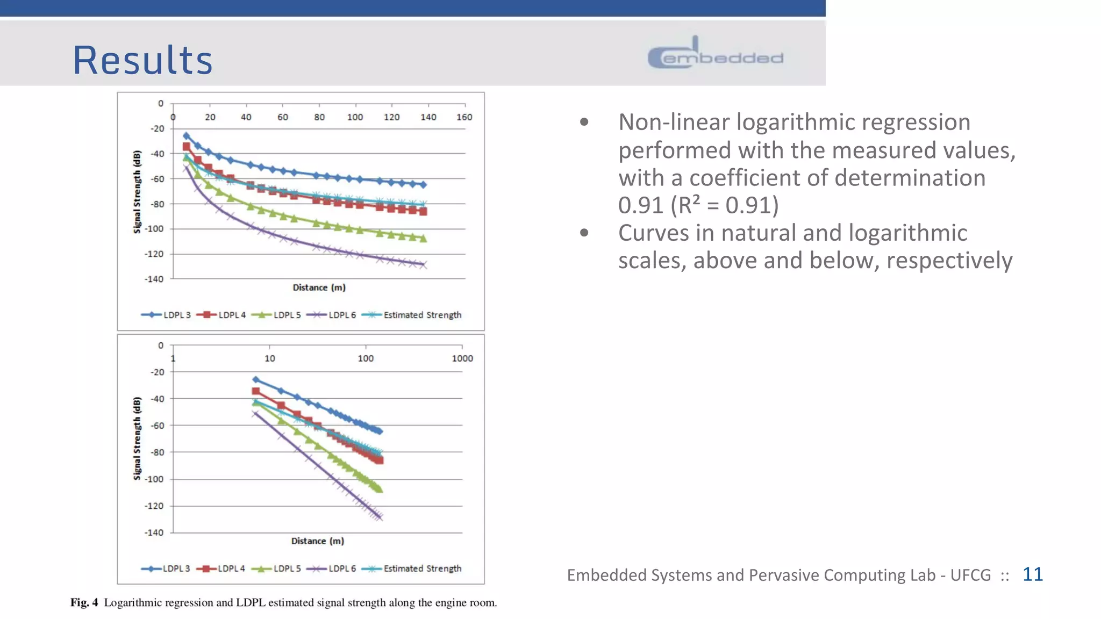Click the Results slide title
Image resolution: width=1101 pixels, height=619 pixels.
(x=142, y=60)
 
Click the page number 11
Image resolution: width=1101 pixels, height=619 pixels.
(x=1032, y=574)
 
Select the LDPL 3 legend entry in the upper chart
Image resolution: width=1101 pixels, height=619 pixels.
(x=166, y=315)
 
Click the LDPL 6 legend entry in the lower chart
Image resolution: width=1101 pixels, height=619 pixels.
(x=331, y=568)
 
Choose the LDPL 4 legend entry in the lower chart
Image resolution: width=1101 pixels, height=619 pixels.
(x=221, y=568)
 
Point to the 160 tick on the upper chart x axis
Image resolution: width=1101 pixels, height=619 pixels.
(x=464, y=117)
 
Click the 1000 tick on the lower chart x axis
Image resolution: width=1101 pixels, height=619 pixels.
(x=462, y=358)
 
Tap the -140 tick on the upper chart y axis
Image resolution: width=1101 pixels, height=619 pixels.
(x=154, y=279)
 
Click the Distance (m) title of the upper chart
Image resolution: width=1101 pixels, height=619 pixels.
(x=319, y=287)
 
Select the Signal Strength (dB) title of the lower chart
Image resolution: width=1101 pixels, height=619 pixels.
(x=137, y=438)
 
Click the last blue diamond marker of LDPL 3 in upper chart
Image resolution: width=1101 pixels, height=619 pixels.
(x=423, y=185)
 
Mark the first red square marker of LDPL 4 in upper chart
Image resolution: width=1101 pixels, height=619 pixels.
(x=187, y=147)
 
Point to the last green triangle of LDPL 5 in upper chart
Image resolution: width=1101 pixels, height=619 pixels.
(x=423, y=239)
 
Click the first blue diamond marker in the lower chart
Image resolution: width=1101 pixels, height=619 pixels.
(x=256, y=380)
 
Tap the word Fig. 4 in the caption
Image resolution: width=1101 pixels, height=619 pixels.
(x=84, y=602)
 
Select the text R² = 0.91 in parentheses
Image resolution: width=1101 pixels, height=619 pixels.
(x=725, y=205)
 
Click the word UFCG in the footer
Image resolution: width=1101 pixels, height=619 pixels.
(x=970, y=575)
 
